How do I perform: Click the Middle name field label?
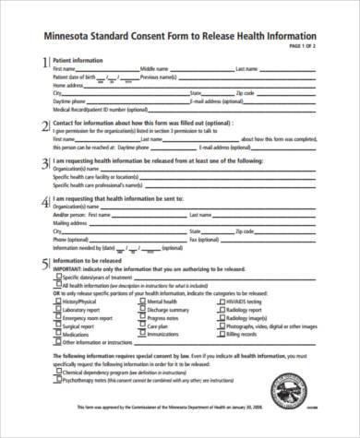tap(154, 69)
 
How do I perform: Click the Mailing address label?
tap(71, 222)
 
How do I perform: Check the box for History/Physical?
tap(57, 301)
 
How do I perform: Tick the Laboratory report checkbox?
tap(57, 309)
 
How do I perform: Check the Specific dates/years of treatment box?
tap(57, 277)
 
